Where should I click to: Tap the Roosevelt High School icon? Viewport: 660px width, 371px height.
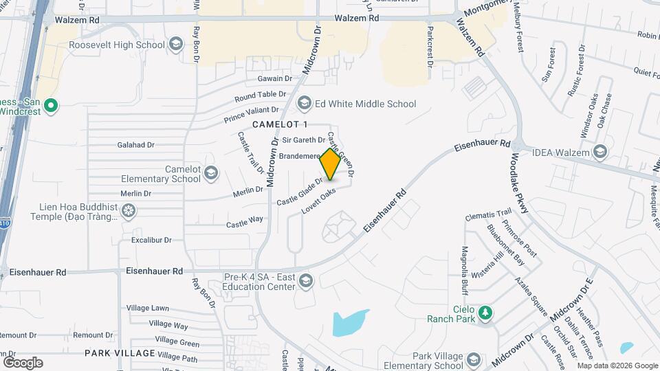click(x=176, y=45)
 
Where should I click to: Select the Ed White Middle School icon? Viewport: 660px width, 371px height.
click(x=304, y=104)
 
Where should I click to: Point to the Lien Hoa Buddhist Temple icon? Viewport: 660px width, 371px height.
click(x=129, y=211)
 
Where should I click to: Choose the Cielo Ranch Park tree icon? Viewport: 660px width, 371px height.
click(x=486, y=313)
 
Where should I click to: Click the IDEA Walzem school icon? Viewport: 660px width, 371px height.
click(x=600, y=152)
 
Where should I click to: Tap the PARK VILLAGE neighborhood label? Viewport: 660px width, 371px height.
click(x=120, y=353)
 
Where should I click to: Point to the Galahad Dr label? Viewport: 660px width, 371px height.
click(x=136, y=145)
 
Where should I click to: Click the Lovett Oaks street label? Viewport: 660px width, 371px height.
click(x=318, y=201)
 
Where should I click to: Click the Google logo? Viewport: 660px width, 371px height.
click(x=23, y=362)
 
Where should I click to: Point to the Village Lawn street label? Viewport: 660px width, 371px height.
click(x=168, y=308)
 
